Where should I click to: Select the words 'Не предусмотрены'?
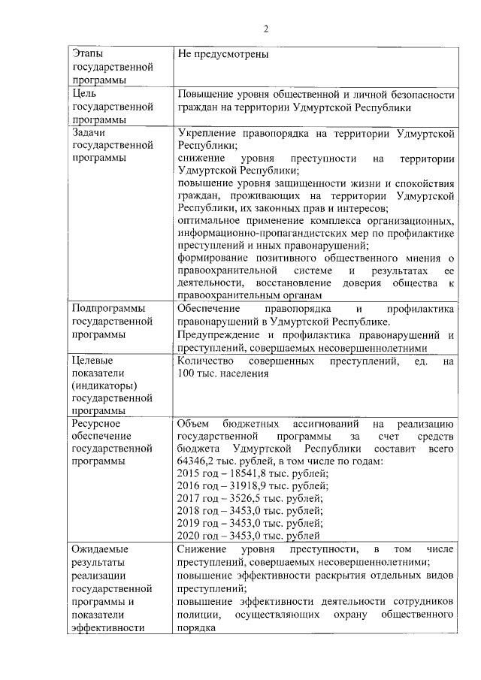[x=222, y=55]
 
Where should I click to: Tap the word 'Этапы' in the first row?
[x=86, y=55]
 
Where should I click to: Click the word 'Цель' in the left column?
[x=83, y=95]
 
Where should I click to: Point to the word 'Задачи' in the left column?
[x=88, y=133]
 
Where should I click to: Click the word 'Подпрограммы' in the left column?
[x=106, y=309]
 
